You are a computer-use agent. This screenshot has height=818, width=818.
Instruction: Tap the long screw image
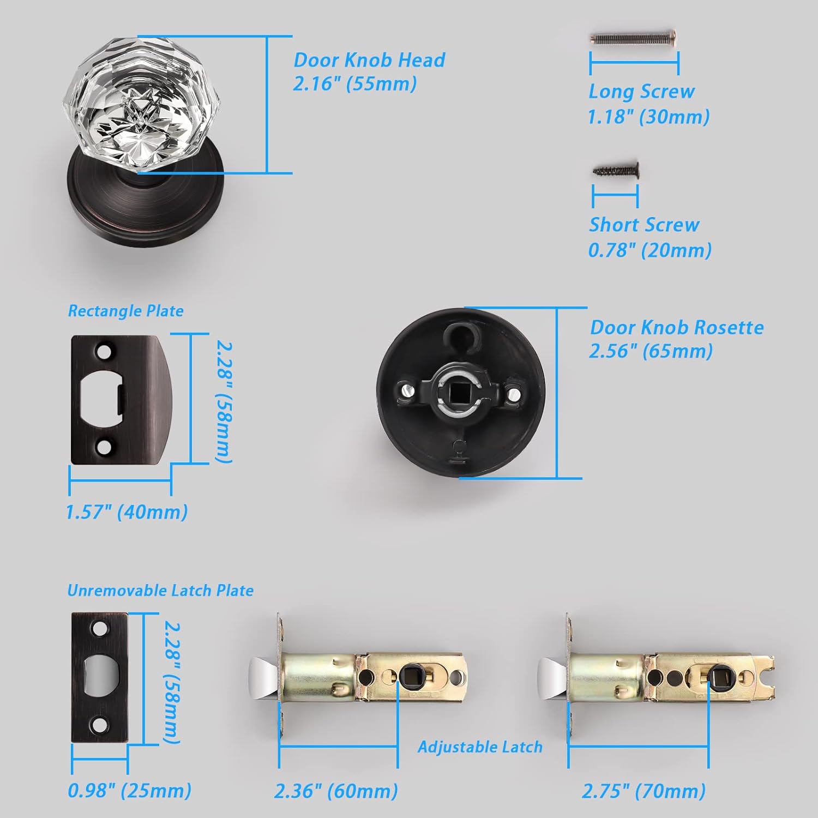click(633, 38)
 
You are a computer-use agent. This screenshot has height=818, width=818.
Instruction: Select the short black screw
click(616, 171)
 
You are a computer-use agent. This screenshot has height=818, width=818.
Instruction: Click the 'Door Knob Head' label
click(369, 60)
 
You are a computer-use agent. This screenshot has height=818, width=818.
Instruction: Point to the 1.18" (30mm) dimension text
click(648, 117)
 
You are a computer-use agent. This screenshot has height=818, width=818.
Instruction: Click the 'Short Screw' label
click(643, 225)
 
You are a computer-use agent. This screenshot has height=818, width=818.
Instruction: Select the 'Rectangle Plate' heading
click(125, 311)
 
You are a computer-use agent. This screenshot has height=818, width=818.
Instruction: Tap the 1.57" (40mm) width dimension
click(127, 512)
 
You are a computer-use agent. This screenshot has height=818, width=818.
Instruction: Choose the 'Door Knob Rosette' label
click(676, 327)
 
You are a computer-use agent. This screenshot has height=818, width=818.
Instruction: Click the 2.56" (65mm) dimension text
click(651, 351)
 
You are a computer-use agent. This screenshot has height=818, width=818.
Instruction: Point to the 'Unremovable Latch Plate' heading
click(160, 591)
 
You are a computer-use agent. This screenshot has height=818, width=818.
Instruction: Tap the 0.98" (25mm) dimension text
click(129, 791)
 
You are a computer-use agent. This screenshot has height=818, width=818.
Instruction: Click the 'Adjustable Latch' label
click(480, 747)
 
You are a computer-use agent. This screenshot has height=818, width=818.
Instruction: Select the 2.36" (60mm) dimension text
click(336, 791)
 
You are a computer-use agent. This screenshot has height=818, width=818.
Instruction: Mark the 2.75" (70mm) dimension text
click(643, 791)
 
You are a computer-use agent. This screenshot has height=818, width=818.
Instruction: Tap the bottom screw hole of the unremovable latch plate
click(99, 725)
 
